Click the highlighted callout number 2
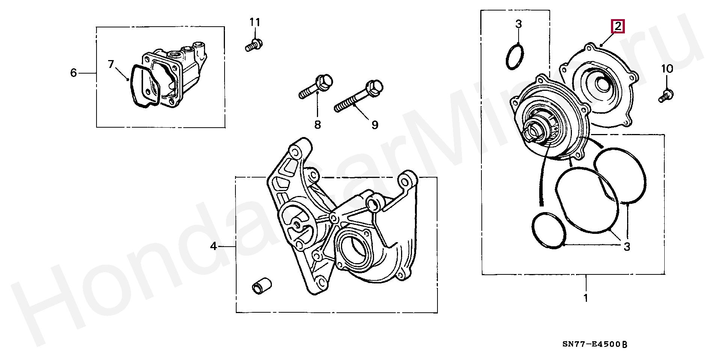(618, 27)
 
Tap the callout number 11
(255, 23)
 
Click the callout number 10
(667, 69)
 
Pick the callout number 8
(318, 125)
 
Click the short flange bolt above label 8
(316, 87)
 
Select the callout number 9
(375, 125)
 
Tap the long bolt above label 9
(359, 96)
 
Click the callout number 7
(111, 65)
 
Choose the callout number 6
(74, 73)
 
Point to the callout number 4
(213, 246)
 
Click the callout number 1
(586, 298)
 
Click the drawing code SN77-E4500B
(594, 344)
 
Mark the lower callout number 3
(627, 247)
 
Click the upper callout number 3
(519, 24)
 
